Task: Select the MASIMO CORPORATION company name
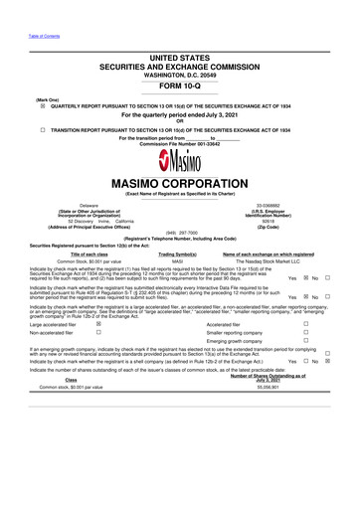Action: point(179,186)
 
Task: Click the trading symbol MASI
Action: point(179,260)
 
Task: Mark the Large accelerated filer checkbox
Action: point(96,323)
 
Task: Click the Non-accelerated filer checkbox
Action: point(96,335)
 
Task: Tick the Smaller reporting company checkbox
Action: point(307,335)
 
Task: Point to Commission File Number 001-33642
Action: point(179,144)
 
